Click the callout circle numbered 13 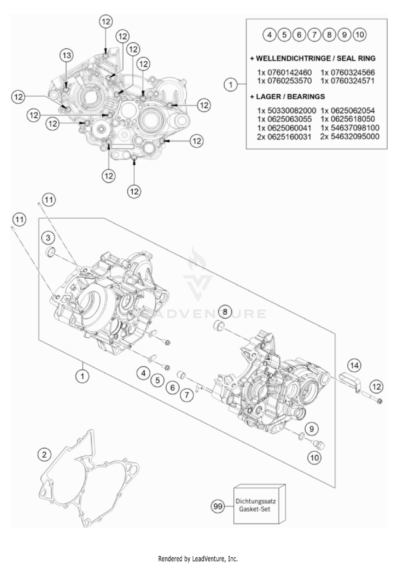(x=67, y=55)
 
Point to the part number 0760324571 (x=347, y=81)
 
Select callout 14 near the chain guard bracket (x=354, y=365)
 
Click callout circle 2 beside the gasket (x=44, y=455)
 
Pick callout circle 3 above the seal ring (x=48, y=238)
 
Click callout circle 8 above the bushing (x=225, y=312)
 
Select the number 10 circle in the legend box (x=360, y=35)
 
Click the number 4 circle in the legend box (x=269, y=35)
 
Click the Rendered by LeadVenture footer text (x=198, y=558)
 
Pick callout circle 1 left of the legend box (x=231, y=85)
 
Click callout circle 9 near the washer (x=312, y=429)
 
